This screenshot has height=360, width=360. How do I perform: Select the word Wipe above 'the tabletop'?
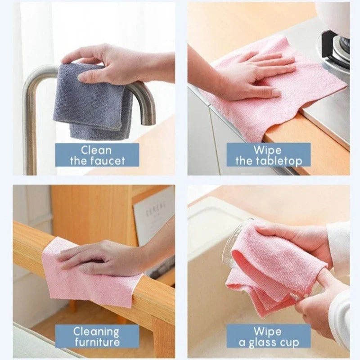pos(267,150)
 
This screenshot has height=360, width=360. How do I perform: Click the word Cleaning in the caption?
pos(96,332)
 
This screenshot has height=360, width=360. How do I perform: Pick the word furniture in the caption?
pos(96,342)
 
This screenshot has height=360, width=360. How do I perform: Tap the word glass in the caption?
pos(267,342)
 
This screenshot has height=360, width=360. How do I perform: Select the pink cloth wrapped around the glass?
pos(265,265)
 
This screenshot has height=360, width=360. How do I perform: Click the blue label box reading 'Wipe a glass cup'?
pos(268,337)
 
